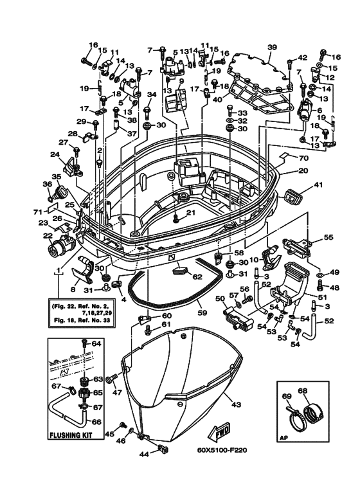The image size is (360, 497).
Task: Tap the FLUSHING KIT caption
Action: [x=71, y=435]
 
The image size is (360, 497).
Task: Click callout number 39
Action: [x=272, y=48]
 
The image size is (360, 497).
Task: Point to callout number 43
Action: [x=236, y=404]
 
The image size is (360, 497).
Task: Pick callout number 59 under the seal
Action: [x=203, y=313]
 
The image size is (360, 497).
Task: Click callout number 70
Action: [x=303, y=158]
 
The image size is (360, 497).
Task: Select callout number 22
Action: [x=48, y=236]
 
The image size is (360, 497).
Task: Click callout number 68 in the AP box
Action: [x=303, y=390]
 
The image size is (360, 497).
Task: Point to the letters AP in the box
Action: [x=283, y=439]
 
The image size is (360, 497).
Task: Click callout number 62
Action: [x=197, y=276]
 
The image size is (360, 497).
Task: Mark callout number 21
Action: [x=190, y=212]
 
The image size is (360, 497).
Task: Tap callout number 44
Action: [x=145, y=454]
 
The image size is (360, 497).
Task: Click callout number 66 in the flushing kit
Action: [x=96, y=422]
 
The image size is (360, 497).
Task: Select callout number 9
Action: [x=181, y=82]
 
